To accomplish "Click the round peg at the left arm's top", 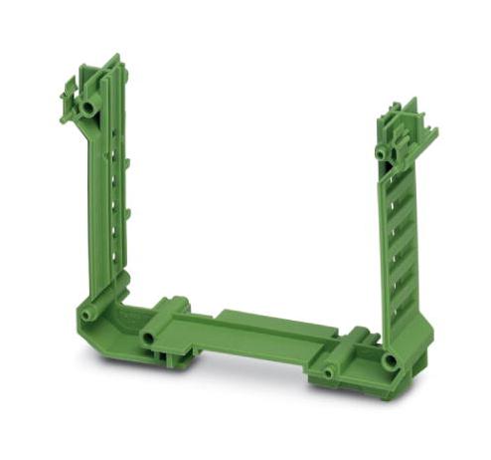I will point(88,105).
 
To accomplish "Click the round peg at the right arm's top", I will point(381,153).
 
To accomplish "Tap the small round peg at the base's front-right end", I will point(330,373).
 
